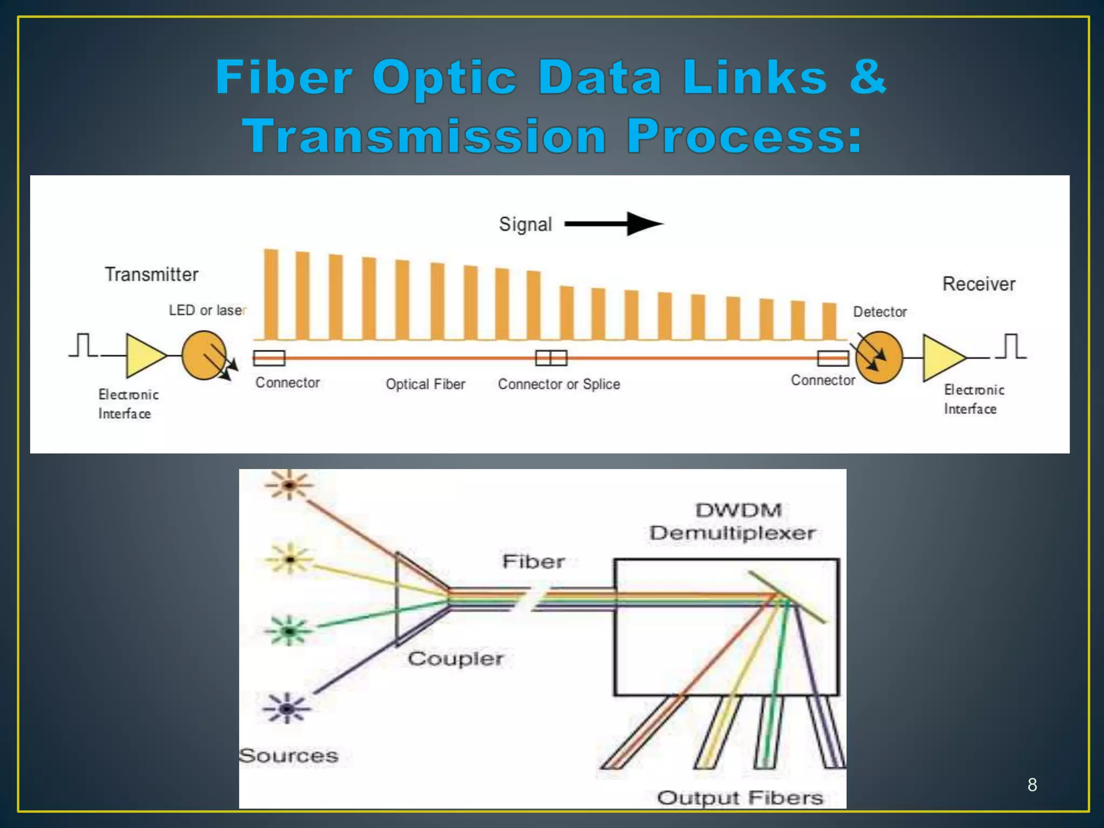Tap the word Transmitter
click(x=151, y=274)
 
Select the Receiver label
click(x=978, y=284)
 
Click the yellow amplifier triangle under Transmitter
click(x=143, y=356)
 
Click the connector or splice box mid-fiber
click(x=551, y=357)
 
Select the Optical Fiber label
click(x=425, y=384)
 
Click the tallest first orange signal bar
click(x=271, y=294)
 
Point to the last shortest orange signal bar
click(x=829, y=321)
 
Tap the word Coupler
click(x=456, y=659)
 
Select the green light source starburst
click(x=289, y=630)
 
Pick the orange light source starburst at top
click(x=289, y=485)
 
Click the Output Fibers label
click(x=740, y=797)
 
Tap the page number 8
click(x=1032, y=785)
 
